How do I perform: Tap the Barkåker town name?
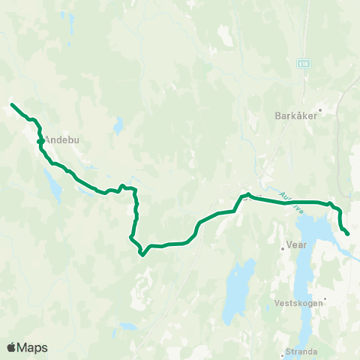296,116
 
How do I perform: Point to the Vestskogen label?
298,303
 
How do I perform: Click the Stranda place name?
301,351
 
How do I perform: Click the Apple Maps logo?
27,347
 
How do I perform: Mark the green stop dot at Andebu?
40,140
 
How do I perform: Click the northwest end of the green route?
12,104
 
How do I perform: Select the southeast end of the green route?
348,234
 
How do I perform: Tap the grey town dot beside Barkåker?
319,116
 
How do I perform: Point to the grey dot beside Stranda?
283,351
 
